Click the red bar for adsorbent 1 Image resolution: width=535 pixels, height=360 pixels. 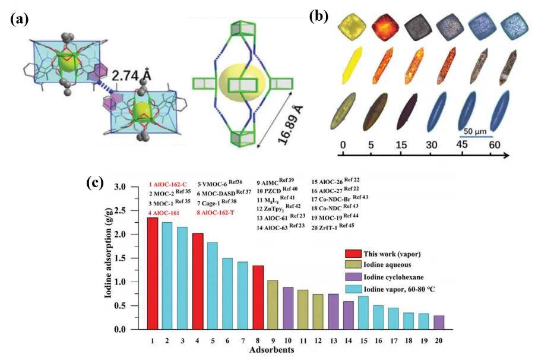pyautogui.click(x=153, y=273)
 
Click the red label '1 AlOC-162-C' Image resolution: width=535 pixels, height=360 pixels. pyautogui.click(x=167, y=184)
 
